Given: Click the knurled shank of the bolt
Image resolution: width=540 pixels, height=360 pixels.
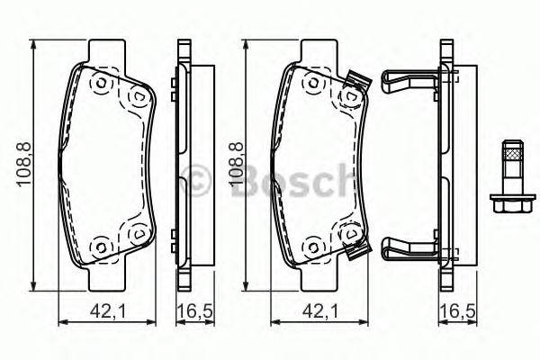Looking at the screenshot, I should [x=510, y=161].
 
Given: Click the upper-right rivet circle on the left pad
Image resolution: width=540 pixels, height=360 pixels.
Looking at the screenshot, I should [x=138, y=94].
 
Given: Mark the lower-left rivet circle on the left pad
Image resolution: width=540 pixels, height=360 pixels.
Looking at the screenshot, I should [x=101, y=245].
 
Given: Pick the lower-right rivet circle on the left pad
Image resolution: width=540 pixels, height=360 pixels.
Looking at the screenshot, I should [x=138, y=233].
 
